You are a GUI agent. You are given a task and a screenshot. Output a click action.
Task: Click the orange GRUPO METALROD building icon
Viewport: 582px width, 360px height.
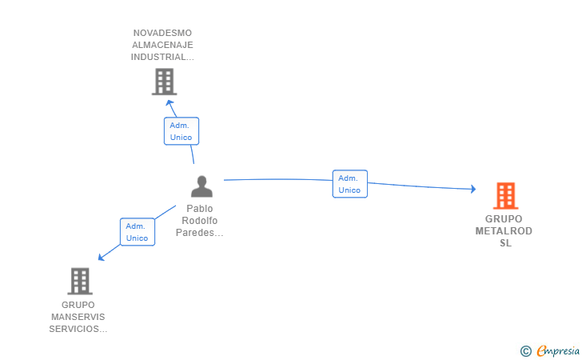505,196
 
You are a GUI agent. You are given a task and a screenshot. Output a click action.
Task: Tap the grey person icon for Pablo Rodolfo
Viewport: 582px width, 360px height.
201,186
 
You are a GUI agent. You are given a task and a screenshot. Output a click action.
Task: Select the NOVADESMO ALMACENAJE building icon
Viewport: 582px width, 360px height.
164,82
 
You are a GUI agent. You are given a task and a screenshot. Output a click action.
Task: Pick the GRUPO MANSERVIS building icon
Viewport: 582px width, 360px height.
80,282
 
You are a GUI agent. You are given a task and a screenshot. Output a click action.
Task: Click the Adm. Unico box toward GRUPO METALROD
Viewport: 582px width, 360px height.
349,184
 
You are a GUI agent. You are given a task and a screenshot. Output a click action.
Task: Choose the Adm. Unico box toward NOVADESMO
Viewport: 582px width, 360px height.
181,131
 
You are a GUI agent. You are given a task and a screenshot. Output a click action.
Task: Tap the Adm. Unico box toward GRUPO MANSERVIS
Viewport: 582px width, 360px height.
138,232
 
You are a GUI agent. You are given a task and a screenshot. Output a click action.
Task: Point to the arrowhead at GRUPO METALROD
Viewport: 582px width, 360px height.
473,189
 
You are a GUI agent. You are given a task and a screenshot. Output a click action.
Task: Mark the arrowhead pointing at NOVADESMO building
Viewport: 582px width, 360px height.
170,103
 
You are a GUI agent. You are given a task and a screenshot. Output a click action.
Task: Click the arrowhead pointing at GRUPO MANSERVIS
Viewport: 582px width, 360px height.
101,257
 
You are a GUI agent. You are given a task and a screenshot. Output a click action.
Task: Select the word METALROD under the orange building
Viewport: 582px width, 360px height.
504,231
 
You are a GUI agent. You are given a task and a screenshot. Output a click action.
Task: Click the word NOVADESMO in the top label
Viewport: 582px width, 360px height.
162,33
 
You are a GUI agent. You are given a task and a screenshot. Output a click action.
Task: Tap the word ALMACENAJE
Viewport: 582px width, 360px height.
162,45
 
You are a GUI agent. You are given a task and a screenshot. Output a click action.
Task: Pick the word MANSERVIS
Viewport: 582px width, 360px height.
78,317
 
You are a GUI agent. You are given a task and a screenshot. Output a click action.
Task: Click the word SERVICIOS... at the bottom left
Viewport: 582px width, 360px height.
78,329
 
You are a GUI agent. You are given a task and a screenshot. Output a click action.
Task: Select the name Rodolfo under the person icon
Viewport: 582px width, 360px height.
200,221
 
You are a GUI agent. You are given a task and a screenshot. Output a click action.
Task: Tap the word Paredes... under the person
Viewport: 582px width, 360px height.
200,233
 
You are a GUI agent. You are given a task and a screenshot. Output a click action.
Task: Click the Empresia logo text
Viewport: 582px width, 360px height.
558,350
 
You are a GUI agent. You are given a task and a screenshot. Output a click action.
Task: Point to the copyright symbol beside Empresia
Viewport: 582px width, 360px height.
526,351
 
